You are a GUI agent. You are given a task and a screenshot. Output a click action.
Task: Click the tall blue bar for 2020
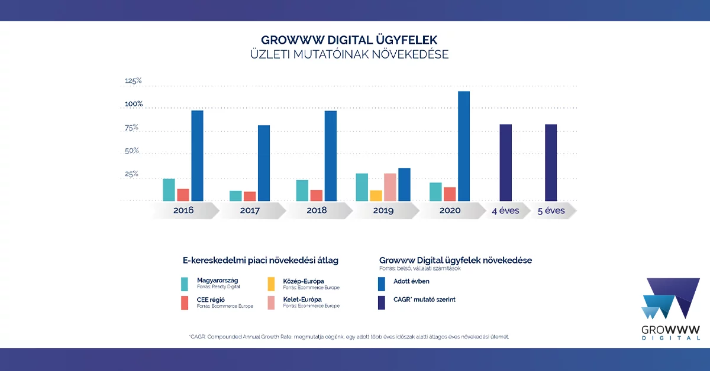point(463,146)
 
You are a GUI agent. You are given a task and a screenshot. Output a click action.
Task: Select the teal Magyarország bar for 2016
point(169,190)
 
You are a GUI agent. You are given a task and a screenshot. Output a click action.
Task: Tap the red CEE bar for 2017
point(249,196)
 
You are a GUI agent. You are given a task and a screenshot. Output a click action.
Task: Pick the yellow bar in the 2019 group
point(376,196)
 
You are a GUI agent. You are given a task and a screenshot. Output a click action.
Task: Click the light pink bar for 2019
point(390,187)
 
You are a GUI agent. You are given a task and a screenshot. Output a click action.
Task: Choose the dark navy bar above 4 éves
point(505,162)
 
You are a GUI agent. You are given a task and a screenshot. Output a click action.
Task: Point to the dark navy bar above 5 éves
point(551,162)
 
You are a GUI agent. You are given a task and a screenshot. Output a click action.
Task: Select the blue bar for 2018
point(330,155)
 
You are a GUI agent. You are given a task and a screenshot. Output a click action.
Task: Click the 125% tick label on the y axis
point(133,81)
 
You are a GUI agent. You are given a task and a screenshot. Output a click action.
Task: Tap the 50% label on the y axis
point(131,151)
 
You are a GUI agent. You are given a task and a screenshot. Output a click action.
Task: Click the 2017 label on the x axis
point(251,210)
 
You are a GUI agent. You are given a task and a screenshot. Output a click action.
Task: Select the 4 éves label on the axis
point(505,210)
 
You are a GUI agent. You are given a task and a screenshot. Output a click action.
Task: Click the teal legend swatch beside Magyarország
point(185,283)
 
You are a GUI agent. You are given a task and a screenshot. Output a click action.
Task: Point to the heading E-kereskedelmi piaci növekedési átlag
point(260,260)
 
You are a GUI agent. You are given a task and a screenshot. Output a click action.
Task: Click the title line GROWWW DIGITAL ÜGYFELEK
point(349,41)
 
